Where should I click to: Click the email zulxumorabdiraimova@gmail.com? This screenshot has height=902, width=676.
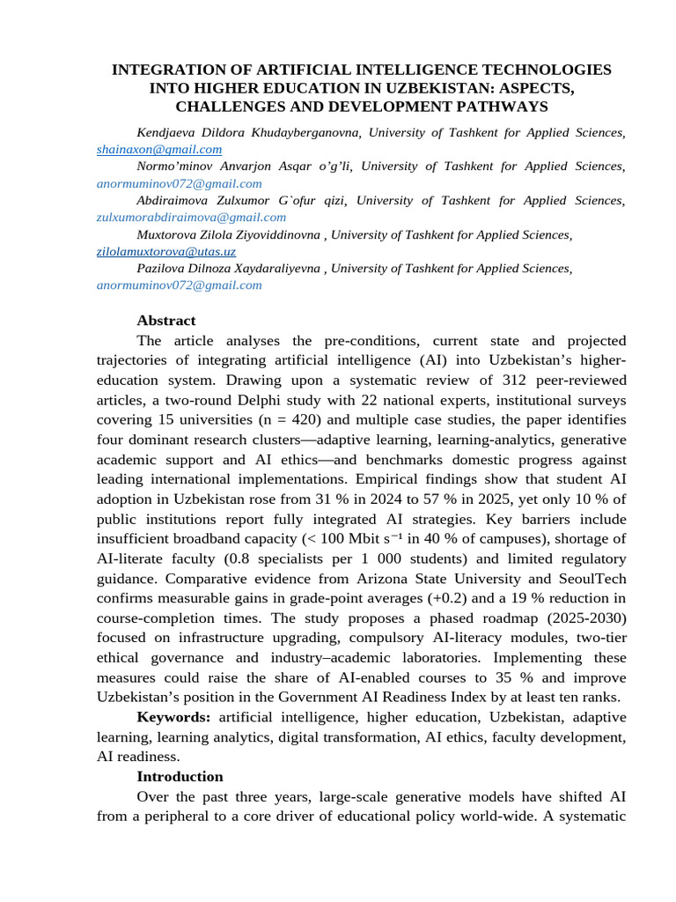(191, 217)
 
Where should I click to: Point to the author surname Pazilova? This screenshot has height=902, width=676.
(162, 268)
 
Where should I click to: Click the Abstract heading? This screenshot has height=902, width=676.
(166, 321)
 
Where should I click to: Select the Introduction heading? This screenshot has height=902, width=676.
(180, 777)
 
